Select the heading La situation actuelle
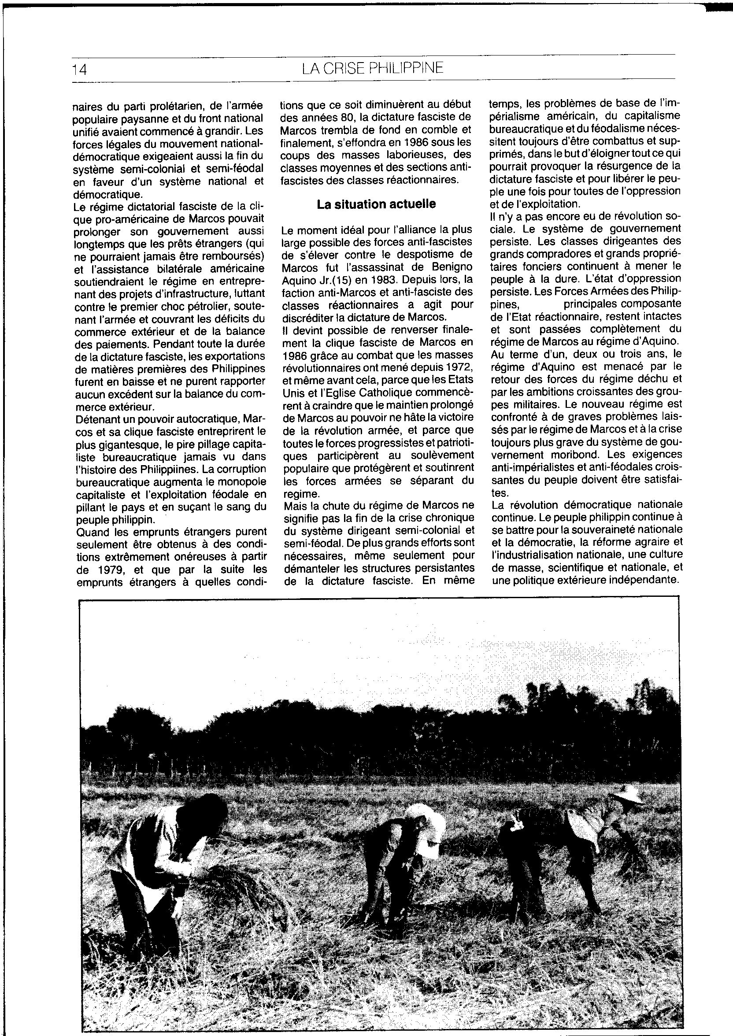[376, 204]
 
